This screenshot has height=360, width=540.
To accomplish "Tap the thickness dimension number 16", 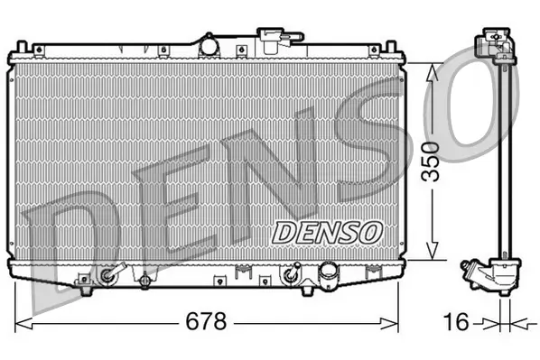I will click(459, 320).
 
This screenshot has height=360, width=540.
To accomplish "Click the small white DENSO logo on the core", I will click(327, 231).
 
